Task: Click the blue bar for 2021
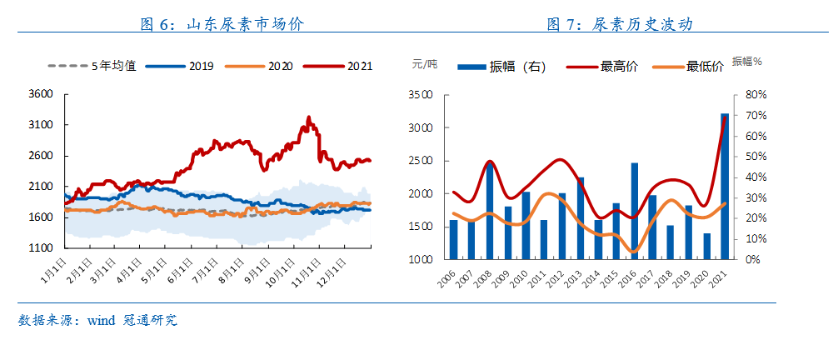point(725,186)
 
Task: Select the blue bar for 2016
point(634,211)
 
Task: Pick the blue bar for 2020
point(707,246)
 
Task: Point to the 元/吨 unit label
point(424,63)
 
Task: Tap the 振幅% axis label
point(747,62)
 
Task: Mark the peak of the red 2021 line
point(308,117)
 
